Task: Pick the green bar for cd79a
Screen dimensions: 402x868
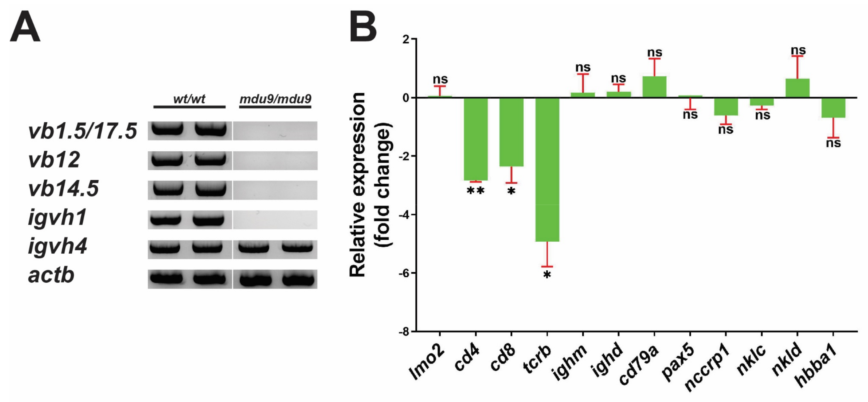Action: pos(654,87)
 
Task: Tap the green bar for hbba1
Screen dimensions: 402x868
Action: pos(833,108)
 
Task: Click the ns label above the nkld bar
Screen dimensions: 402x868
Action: pos(798,50)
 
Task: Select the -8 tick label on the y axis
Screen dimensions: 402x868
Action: pos(404,332)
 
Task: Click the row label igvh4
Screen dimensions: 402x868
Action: pos(57,246)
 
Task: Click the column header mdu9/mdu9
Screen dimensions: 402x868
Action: pos(275,99)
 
